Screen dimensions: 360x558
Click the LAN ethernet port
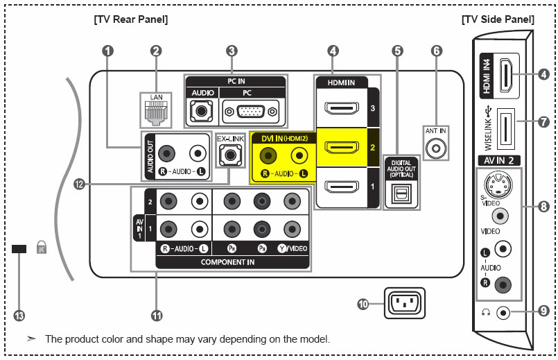[156, 113]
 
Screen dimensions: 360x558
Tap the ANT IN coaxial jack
[436, 148]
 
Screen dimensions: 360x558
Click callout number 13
[19, 316]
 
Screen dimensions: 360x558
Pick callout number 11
[157, 316]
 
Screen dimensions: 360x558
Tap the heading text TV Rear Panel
[131, 20]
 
